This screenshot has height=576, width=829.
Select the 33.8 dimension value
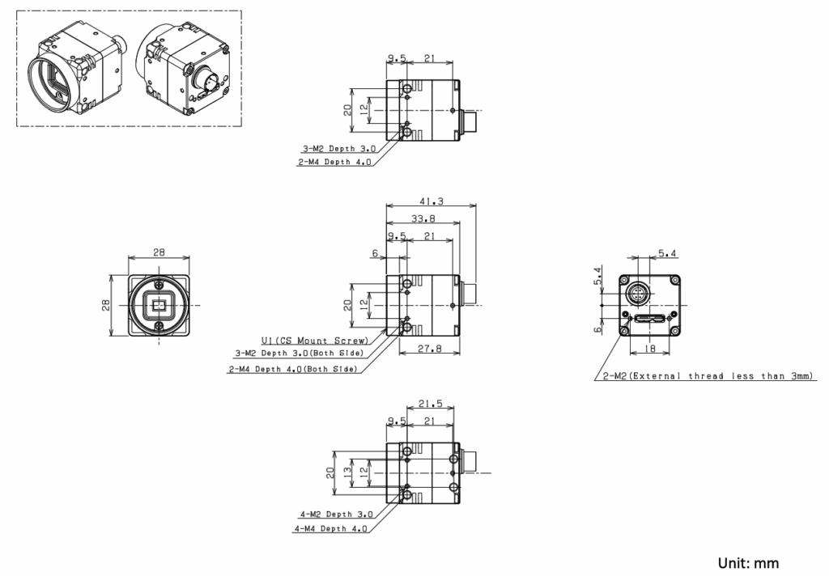pos(423,218)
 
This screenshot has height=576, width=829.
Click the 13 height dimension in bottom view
pos(347,471)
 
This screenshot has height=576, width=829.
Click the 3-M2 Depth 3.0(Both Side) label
pos(299,353)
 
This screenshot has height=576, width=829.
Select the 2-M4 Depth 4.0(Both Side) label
pos(292,370)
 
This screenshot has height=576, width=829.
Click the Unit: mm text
pos(749,561)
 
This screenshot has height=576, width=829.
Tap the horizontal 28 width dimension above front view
pos(159,252)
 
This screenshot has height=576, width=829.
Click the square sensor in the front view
pos(159,306)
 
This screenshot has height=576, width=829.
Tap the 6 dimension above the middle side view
pos(375,252)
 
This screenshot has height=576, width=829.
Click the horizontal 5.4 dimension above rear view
pos(669,253)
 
